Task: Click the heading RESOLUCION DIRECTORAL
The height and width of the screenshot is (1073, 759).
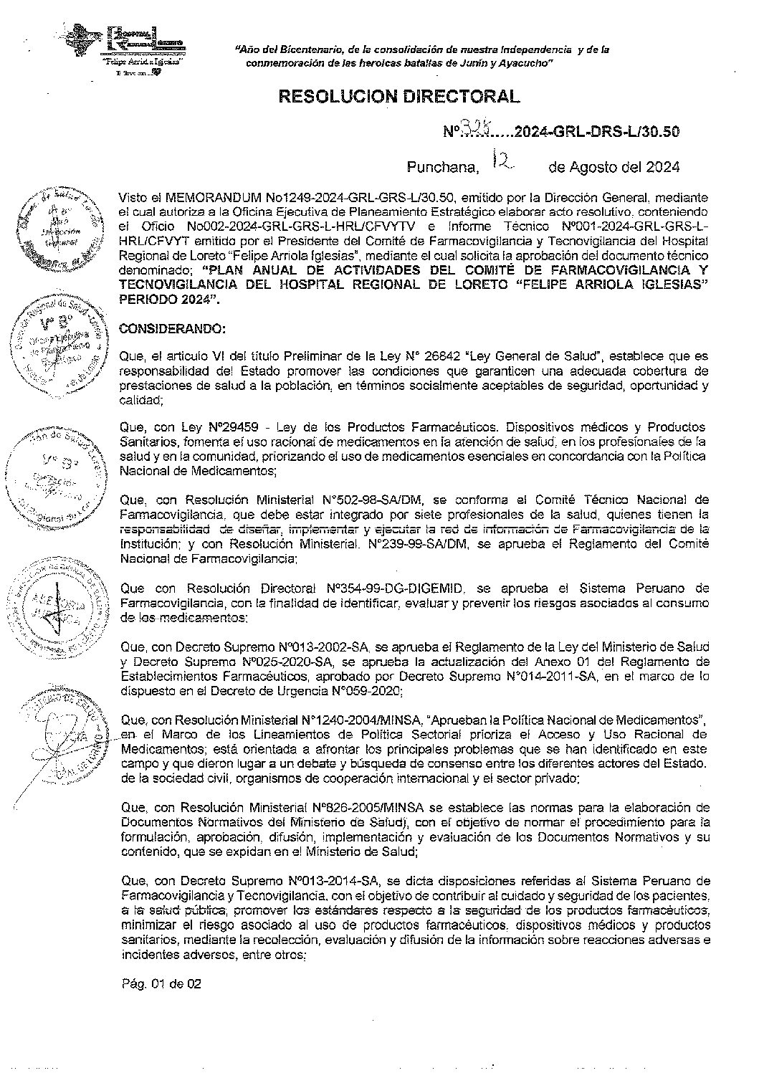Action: (x=398, y=97)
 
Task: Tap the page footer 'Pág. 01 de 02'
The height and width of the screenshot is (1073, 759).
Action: (x=161, y=984)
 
